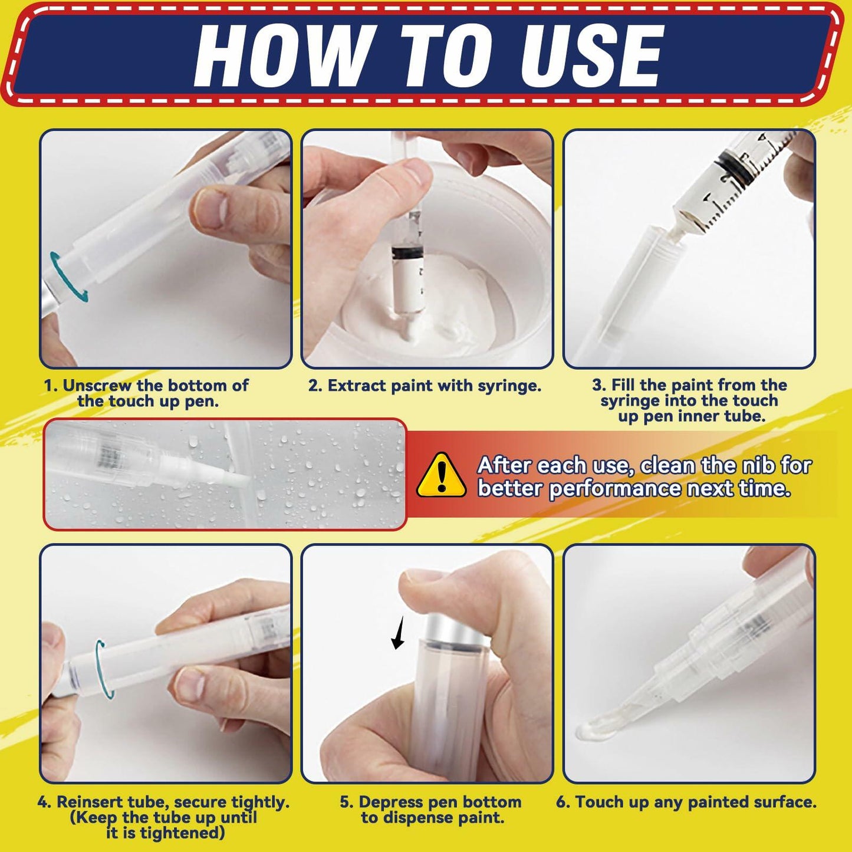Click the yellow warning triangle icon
pos(441,476)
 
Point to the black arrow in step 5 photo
pos(399,633)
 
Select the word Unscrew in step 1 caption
pos(97,385)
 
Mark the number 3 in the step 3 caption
pos(598,385)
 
